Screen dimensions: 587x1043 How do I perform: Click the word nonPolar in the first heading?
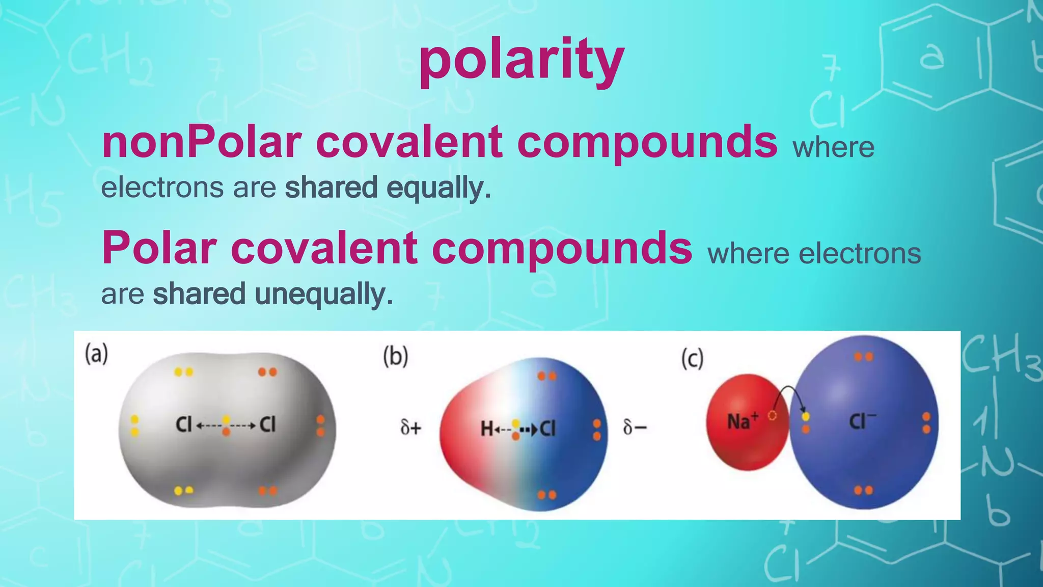(202, 142)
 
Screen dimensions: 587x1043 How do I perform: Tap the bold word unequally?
(324, 294)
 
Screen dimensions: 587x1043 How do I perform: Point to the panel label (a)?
(96, 354)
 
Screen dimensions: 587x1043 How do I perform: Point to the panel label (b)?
(396, 356)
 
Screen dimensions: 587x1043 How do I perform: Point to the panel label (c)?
(693, 359)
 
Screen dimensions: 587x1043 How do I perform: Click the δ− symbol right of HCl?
(635, 427)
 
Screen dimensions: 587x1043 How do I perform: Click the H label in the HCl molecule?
(486, 429)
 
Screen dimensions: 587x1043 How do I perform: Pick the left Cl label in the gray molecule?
(183, 424)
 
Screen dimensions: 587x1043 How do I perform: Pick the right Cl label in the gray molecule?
(267, 424)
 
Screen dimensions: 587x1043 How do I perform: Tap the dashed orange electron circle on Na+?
(772, 416)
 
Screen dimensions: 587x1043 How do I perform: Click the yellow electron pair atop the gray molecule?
(183, 372)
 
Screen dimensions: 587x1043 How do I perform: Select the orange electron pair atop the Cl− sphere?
(864, 357)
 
